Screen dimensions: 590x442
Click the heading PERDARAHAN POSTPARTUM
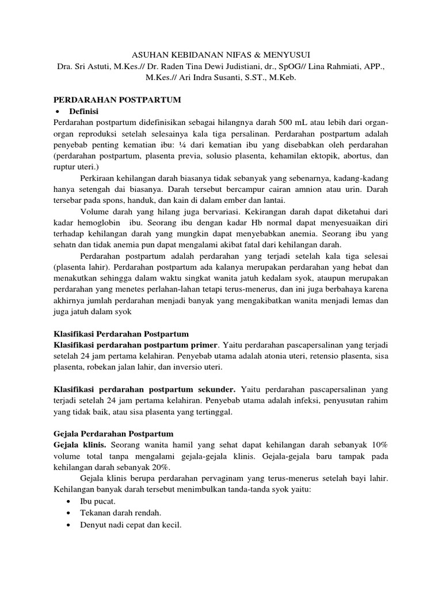coord(117,100)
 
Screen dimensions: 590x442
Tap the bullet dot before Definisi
coord(58,111)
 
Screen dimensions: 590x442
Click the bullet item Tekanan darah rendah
coord(120,513)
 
